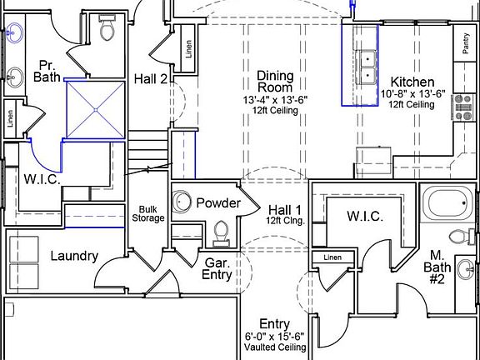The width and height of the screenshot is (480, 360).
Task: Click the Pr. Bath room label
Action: click(47, 72)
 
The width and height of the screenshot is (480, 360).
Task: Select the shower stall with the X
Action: click(96, 110)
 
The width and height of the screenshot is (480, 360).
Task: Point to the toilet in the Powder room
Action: click(221, 234)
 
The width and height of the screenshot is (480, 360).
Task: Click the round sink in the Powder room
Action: click(182, 202)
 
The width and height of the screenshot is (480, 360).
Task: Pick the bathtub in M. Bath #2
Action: click(448, 203)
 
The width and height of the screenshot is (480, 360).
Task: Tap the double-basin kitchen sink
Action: click(367, 67)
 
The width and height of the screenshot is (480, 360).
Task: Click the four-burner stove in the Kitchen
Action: click(463, 107)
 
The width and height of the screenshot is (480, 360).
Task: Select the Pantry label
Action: click(466, 43)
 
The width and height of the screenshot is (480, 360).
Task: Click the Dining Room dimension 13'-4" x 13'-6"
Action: click(275, 100)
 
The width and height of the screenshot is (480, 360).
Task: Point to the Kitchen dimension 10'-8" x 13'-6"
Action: click(412, 93)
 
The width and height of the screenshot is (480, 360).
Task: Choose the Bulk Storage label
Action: click(148, 213)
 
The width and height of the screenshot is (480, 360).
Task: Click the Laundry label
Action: click(74, 256)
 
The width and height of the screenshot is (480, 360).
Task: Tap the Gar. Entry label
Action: click(217, 269)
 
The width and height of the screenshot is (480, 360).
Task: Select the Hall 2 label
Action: click(151, 79)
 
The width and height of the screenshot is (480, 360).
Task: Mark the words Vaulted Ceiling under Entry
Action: click(275, 347)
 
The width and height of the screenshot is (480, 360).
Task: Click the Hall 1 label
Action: click(285, 210)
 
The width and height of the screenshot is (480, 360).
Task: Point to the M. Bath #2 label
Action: click(437, 267)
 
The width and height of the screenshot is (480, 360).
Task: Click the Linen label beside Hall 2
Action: click(189, 49)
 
